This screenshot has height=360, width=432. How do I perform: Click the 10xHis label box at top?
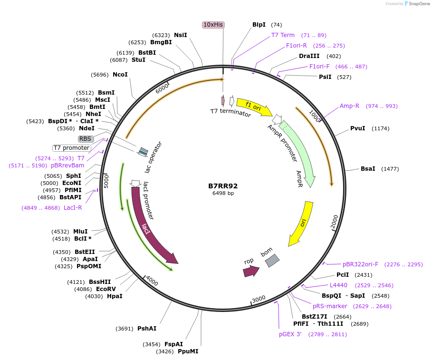point(213,25)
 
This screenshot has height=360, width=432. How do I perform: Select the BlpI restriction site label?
point(259,25)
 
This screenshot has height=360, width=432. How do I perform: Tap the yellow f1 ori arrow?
point(254,107)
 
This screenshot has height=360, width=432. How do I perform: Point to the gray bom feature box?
point(272,259)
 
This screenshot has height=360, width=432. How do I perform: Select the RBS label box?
point(86,139)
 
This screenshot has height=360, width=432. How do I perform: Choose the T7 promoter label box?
point(71,148)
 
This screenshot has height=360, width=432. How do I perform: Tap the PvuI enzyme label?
point(357,128)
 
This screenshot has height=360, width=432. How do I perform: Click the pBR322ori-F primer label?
point(360,264)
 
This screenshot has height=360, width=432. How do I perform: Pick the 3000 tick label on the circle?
point(259,299)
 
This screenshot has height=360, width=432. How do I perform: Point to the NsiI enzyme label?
point(181,35)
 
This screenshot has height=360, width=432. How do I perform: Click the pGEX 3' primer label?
point(290,334)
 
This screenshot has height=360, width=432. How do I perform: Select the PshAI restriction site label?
point(147,329)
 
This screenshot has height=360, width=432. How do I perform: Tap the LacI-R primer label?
point(73,208)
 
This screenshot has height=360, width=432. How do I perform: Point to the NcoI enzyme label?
point(120,75)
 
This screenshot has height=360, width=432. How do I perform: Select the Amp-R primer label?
point(349,106)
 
